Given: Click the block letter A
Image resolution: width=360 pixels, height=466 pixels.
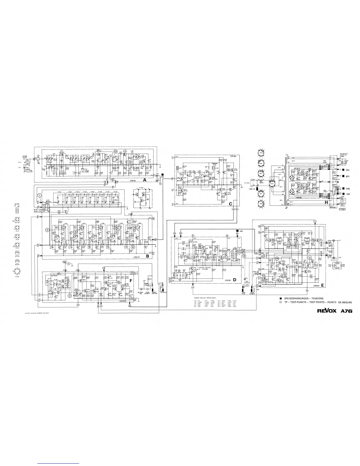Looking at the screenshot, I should pos(145,179).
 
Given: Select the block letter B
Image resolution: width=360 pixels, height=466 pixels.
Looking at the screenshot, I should pos(148,256).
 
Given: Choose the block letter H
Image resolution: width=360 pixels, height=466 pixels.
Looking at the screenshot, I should pos(326,203).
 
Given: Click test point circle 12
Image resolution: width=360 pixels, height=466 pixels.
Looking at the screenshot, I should pos(115,152).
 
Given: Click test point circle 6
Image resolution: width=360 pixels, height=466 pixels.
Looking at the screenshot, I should pos(133,247).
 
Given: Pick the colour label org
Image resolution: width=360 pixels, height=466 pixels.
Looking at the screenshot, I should pos(348,188).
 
